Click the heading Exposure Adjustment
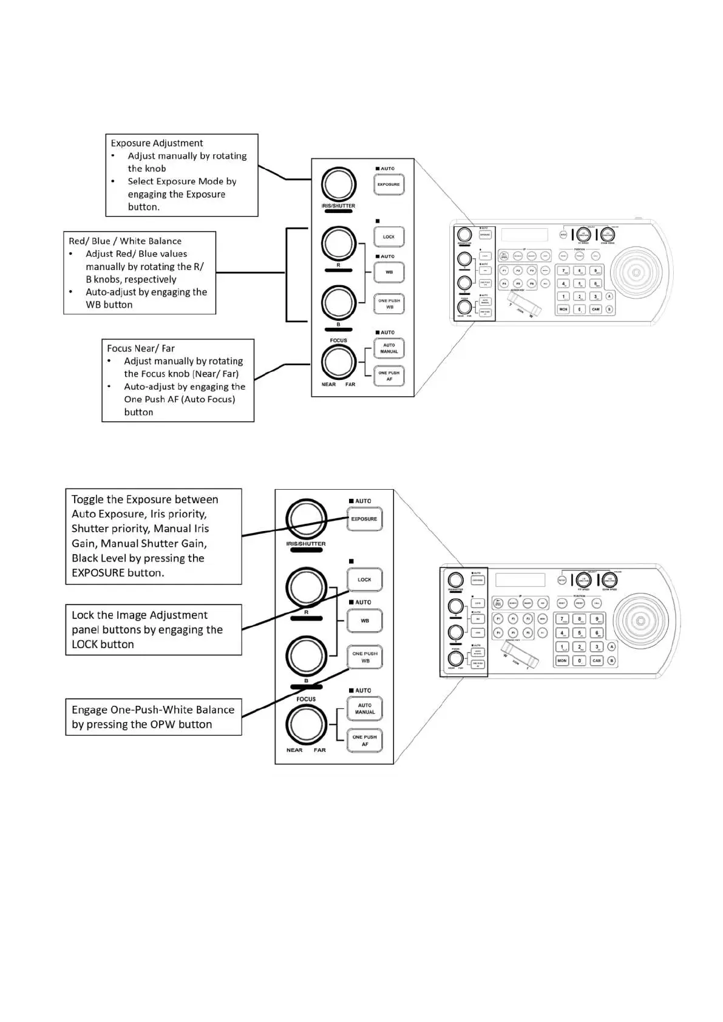[x=157, y=143]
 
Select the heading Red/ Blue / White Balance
[x=124, y=241]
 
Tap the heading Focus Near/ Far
[x=141, y=348]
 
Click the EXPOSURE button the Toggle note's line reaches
[x=364, y=519]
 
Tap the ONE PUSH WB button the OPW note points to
[x=365, y=657]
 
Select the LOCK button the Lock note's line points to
[x=364, y=580]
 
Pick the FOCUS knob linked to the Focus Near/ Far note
[x=338, y=362]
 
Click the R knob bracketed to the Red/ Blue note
[x=338, y=243]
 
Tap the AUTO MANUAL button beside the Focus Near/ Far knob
[x=389, y=348]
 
